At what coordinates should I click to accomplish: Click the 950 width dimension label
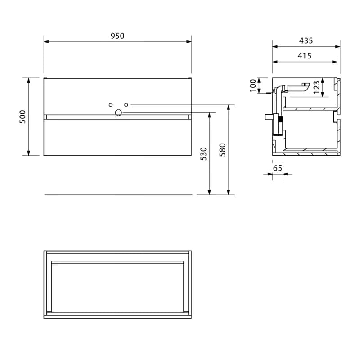coord(117,36)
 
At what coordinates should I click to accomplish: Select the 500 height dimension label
coord(23,117)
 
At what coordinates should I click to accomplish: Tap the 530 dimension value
coord(204,154)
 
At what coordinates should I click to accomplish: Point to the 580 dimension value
coord(222,150)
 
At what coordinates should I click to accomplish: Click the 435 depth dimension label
coord(306,41)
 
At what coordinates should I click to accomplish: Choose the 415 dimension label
coord(305,56)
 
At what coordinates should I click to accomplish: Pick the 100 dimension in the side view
coord(253,85)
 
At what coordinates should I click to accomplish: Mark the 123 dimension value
coord(316,87)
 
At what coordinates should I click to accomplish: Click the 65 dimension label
coord(277,168)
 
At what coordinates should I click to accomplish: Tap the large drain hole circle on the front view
coord(118,112)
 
